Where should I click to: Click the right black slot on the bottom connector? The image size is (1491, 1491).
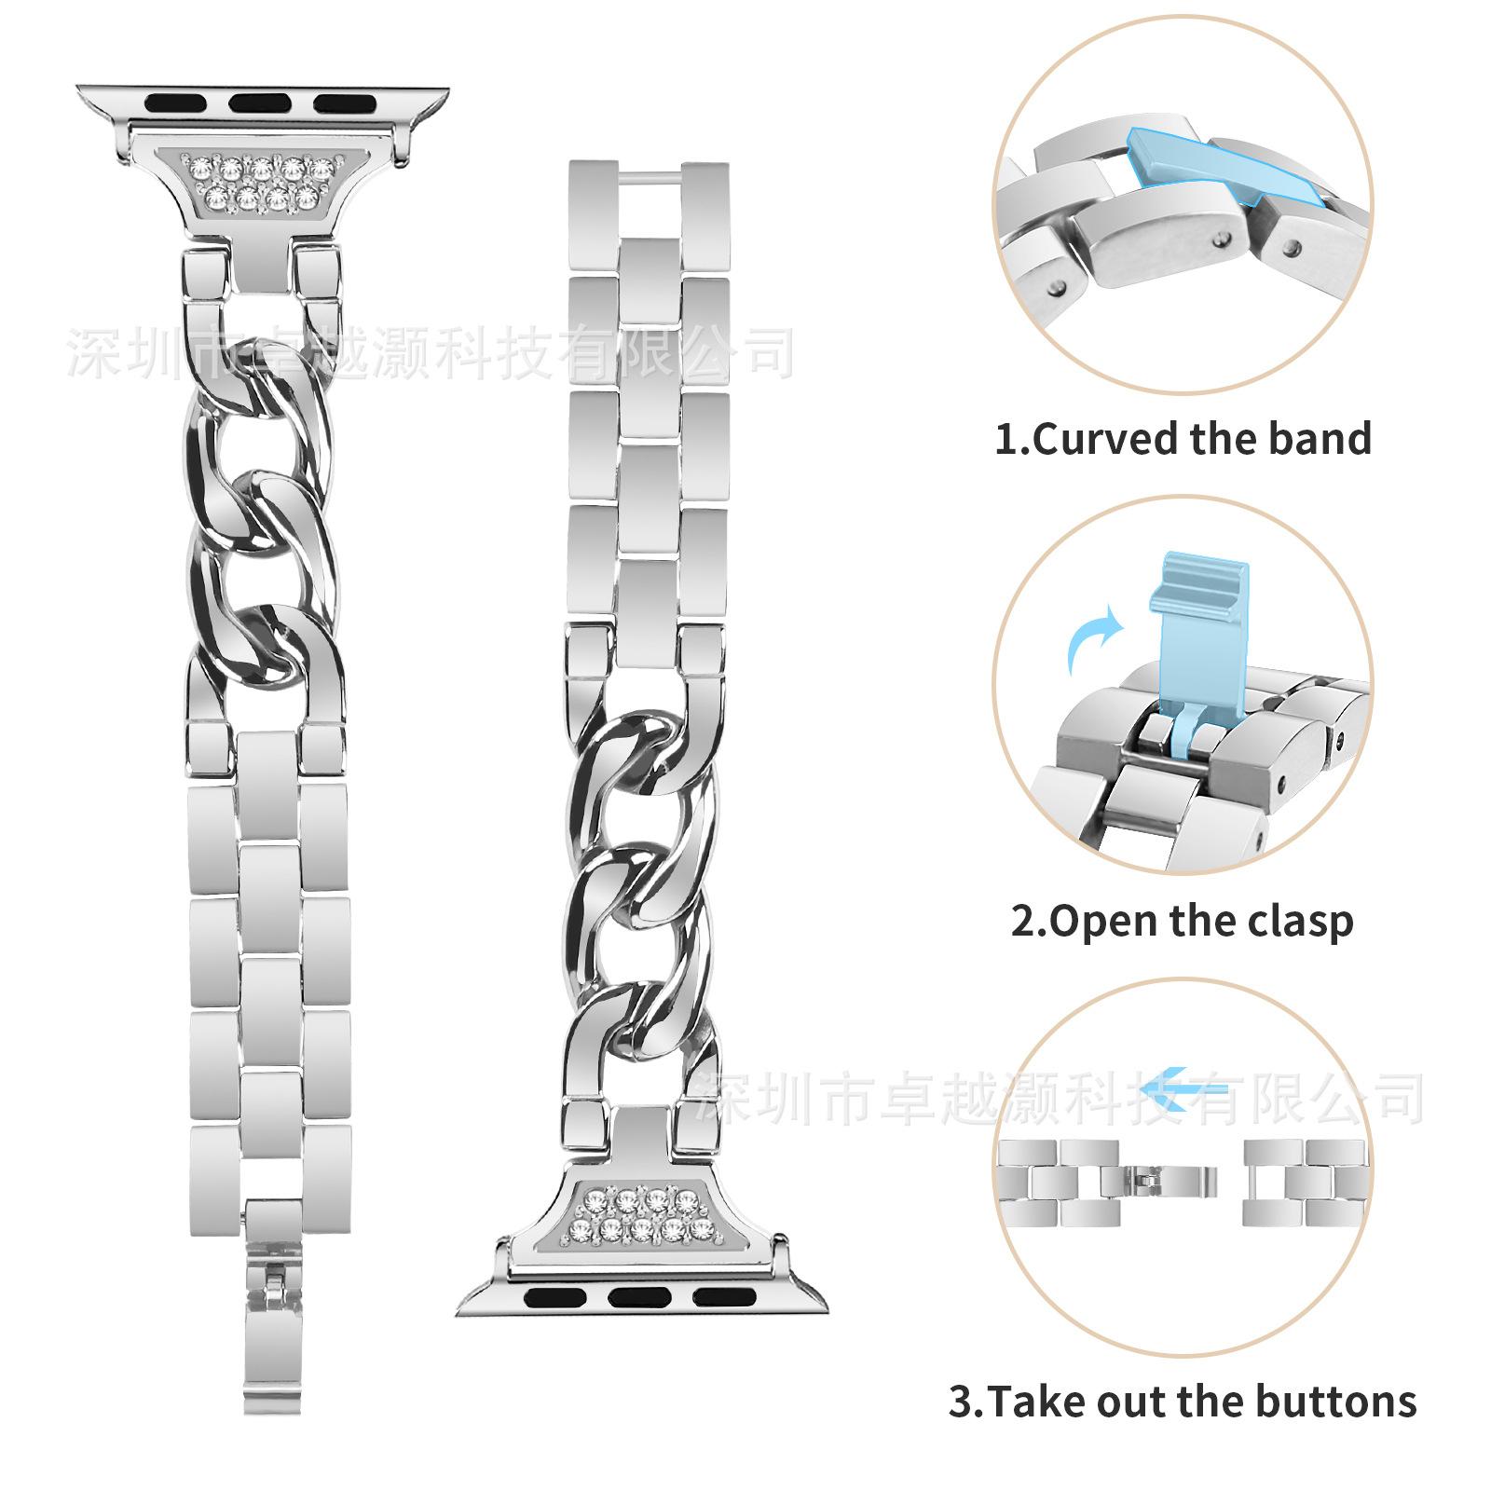723,1295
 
